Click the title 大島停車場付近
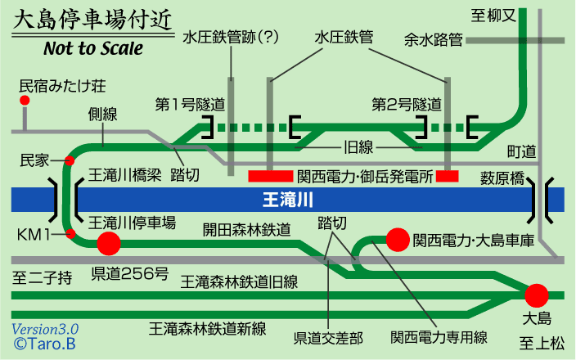92,19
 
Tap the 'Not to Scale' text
92,47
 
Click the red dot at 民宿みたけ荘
25,101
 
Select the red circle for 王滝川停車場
108,242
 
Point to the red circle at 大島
537,295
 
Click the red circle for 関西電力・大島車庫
398,239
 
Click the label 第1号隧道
190,105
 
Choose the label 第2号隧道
407,105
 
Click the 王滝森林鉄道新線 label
208,328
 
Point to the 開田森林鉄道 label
246,230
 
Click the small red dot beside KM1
71,235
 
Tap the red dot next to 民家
70,160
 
